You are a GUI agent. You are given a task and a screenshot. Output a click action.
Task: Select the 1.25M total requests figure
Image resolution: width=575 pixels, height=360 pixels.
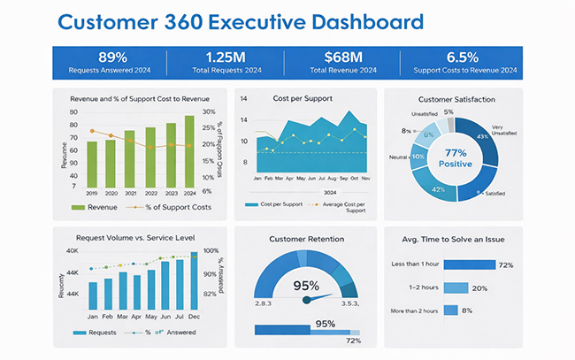pos(227,57)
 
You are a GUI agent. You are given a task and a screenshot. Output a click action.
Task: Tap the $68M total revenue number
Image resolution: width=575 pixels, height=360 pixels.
pos(341,57)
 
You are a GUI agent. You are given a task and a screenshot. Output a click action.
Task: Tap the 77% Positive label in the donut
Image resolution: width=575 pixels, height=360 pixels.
pos(456,157)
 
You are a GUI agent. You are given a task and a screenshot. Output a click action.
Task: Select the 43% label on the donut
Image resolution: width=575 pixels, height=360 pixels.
pos(482,137)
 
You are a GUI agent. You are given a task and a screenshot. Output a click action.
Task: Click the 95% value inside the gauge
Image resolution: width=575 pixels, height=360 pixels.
pos(306,286)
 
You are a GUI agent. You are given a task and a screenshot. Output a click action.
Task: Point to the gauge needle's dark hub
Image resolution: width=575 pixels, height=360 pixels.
pos(307,300)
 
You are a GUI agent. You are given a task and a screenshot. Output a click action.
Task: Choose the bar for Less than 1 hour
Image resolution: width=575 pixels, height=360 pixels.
pos(469,264)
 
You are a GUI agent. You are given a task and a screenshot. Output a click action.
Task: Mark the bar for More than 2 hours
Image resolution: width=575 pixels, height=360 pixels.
pos(450,310)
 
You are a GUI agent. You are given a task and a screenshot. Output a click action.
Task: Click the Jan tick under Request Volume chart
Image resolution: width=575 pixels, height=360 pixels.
pos(92,316)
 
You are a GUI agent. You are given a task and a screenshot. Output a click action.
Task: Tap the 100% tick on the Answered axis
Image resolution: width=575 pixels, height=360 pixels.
pos(211,251)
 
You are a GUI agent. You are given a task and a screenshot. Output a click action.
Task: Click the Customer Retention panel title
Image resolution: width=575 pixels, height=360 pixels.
pos(306,239)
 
